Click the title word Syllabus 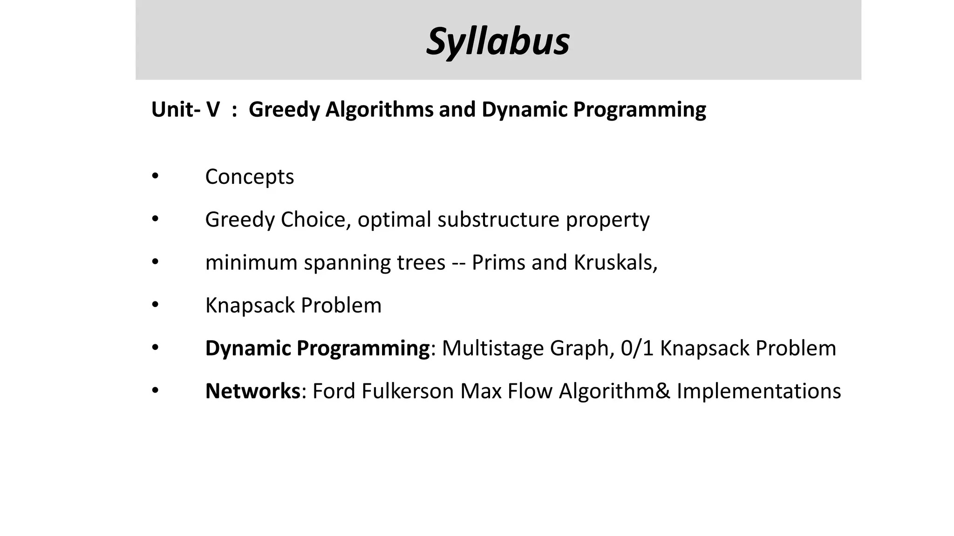click(497, 42)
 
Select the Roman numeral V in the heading click(213, 110)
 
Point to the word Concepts click(249, 177)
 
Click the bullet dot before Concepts click(155, 176)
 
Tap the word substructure click(498, 220)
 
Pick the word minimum click(251, 262)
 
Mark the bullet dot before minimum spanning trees click(155, 262)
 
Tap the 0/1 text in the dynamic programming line click(637, 348)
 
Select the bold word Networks click(252, 391)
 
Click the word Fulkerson click(408, 391)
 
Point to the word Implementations click(758, 391)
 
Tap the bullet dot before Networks click(155, 390)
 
